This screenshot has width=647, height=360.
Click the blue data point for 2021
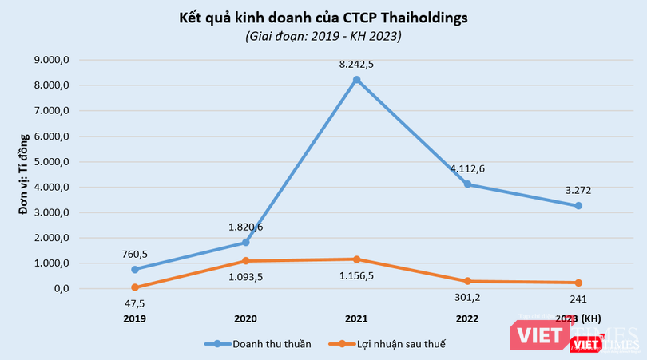click(356, 79)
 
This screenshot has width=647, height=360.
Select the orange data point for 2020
click(245, 261)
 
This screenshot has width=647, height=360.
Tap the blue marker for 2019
click(134, 269)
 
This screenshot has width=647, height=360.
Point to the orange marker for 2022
click(467, 281)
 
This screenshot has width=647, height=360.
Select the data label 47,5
click(134, 303)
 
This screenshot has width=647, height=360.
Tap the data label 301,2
click(467, 297)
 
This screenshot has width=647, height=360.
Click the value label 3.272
click(578, 191)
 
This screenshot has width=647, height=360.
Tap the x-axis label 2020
click(245, 318)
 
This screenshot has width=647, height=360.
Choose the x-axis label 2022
click(467, 318)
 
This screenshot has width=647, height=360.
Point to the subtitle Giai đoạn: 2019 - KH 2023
click(323, 37)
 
